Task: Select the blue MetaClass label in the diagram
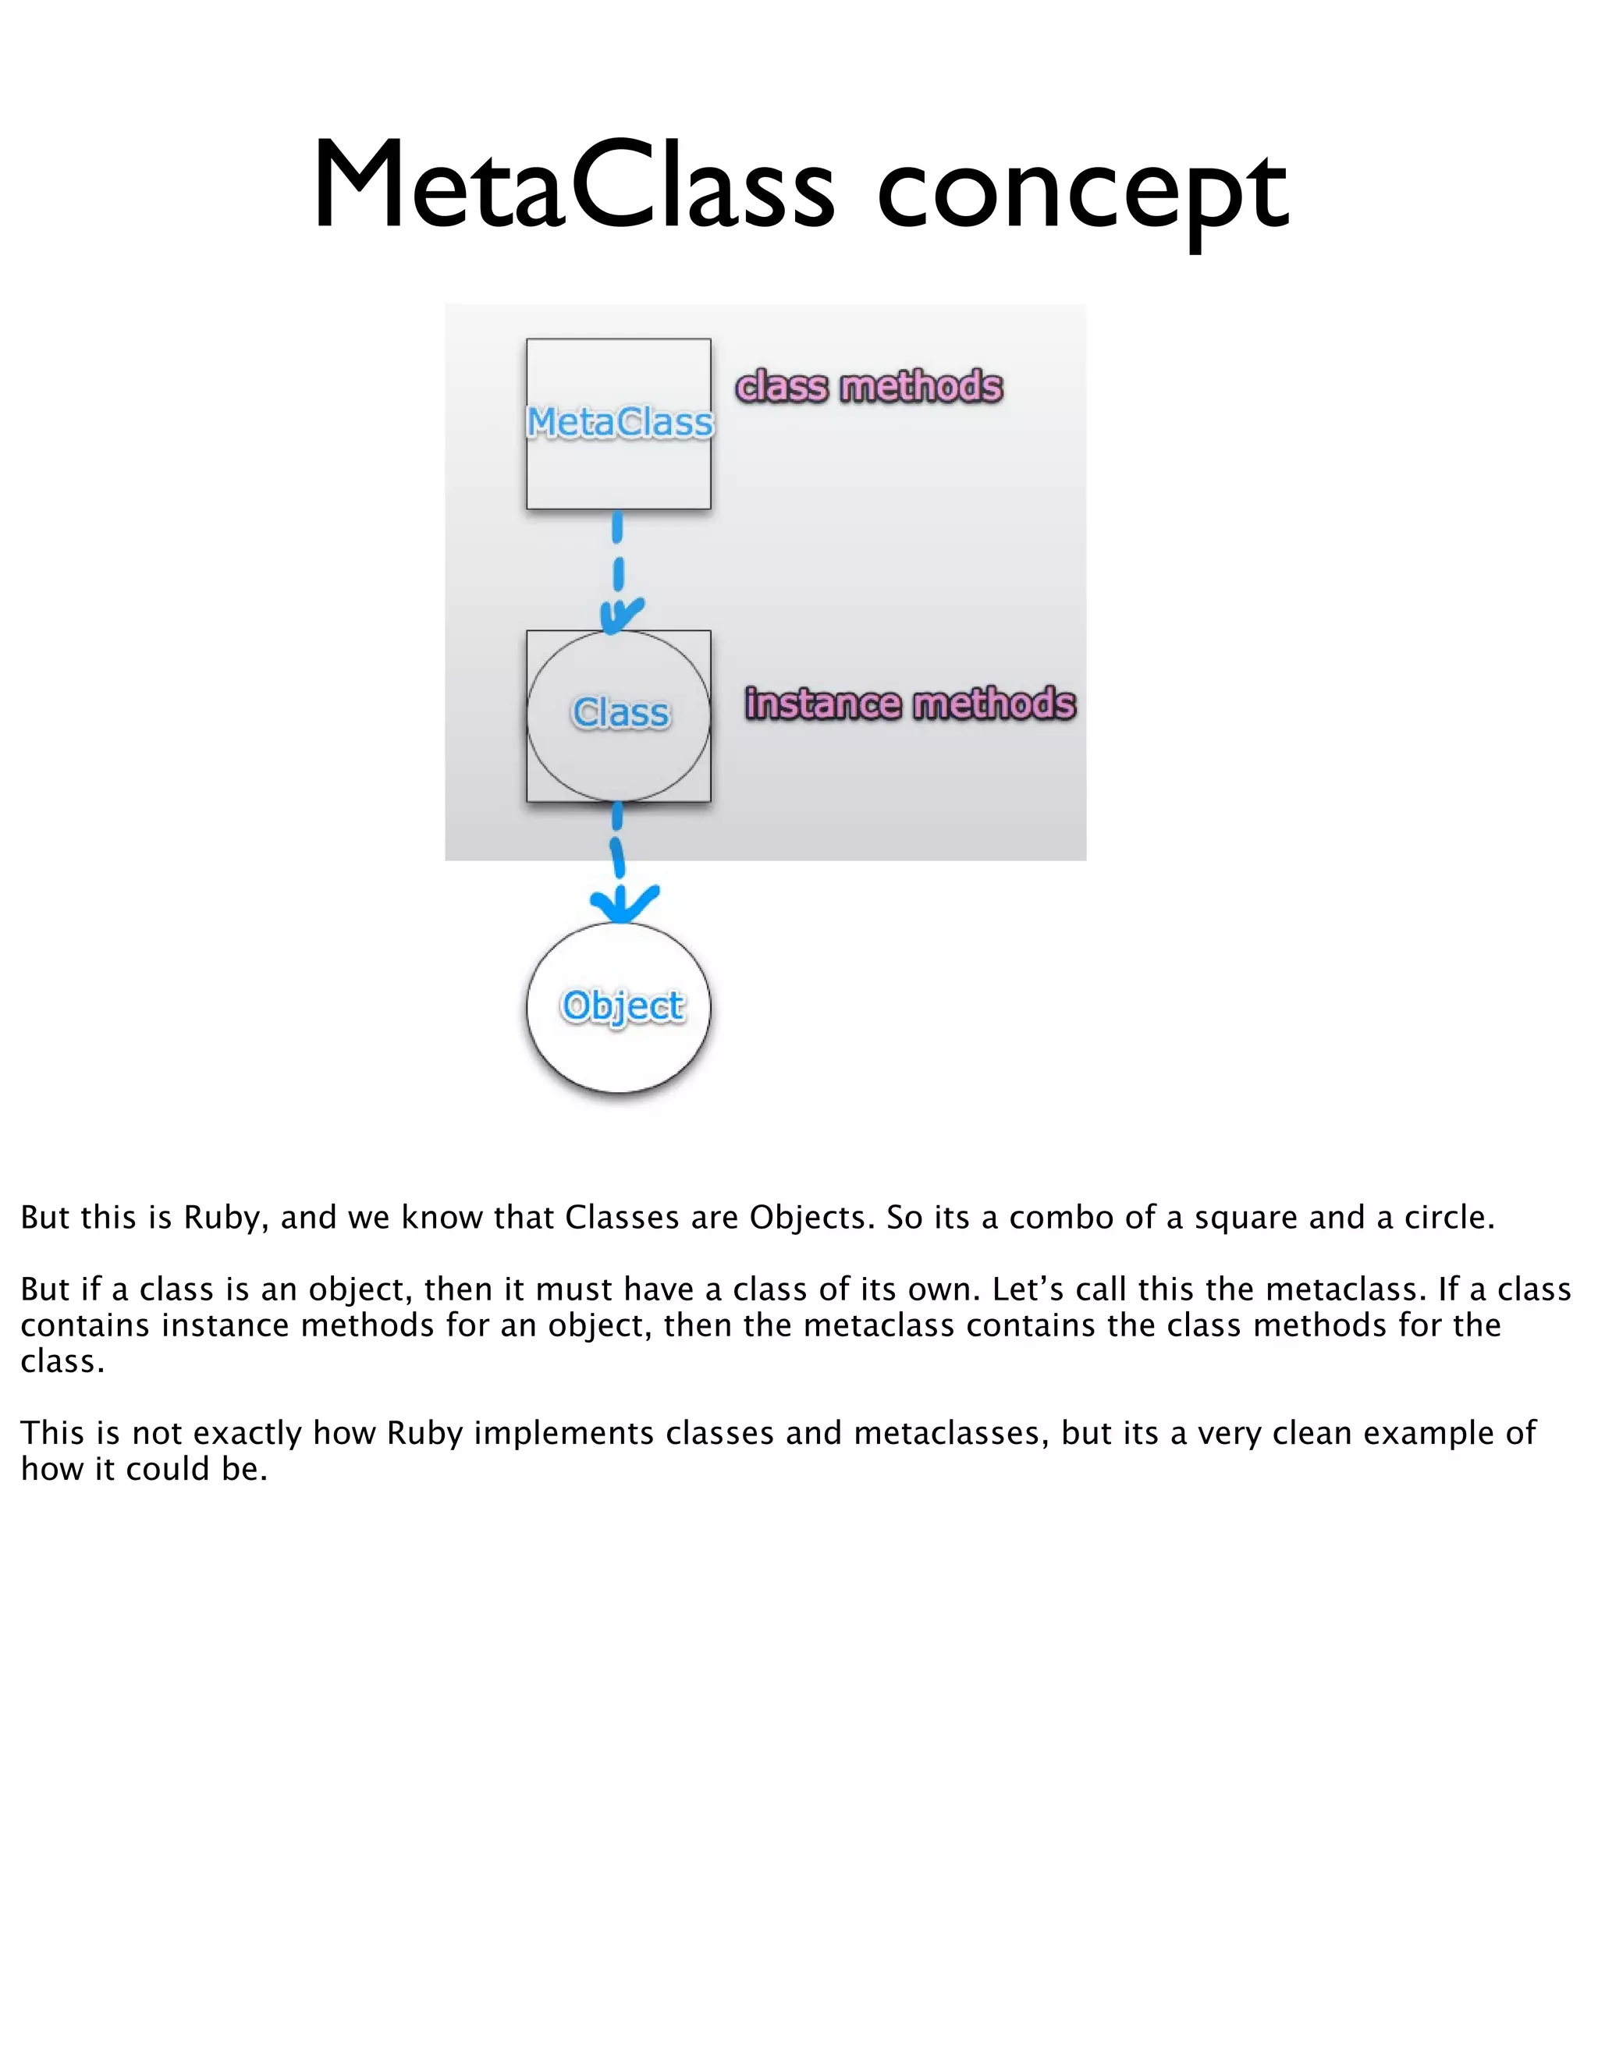click(620, 422)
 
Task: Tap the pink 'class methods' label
click(868, 387)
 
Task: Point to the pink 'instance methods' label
click(910, 704)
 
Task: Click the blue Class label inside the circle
click(620, 714)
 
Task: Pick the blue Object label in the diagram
click(622, 1006)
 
